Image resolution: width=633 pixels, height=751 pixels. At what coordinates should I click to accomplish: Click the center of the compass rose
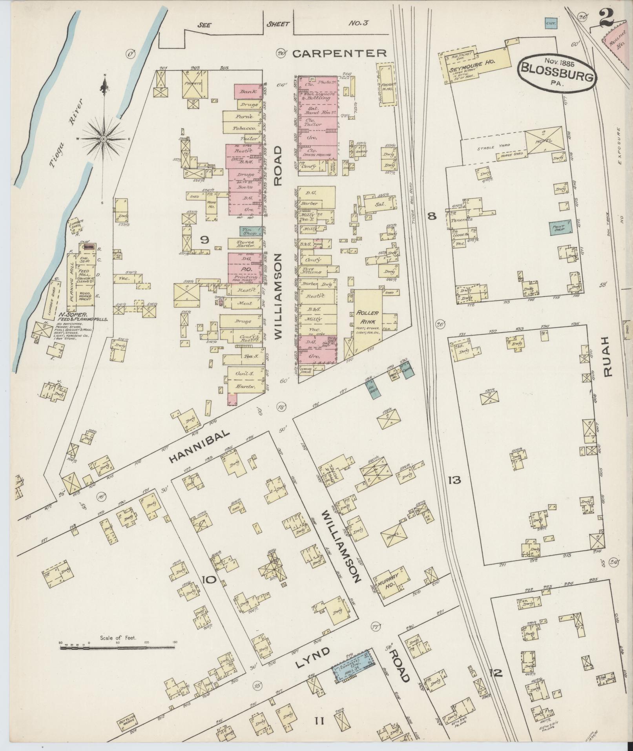103,139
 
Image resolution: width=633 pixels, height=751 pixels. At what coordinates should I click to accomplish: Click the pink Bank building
248,91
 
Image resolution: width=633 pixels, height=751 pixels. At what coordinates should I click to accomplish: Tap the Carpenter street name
339,53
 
